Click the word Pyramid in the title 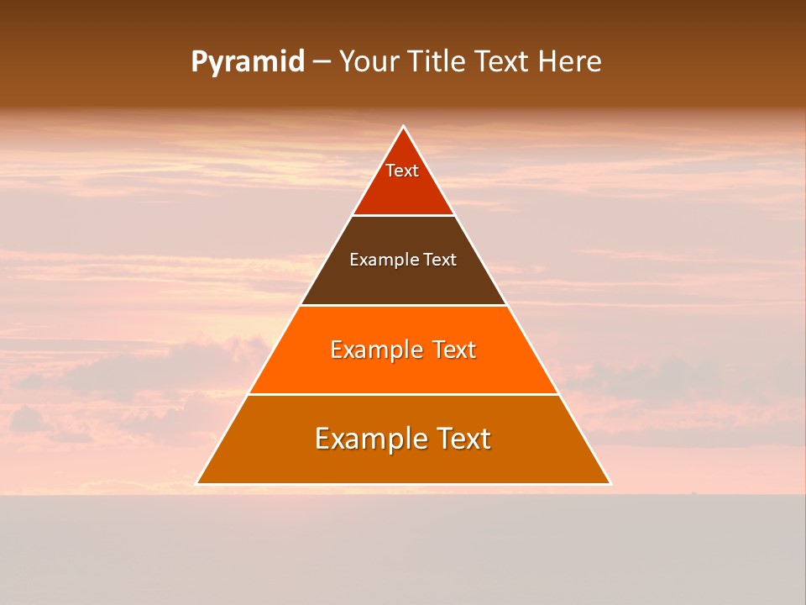(x=247, y=62)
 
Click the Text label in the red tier (x=402, y=171)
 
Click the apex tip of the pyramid (x=403, y=127)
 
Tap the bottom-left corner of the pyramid (x=197, y=483)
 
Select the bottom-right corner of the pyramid (x=610, y=483)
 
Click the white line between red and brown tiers (x=403, y=215)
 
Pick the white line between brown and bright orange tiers (x=403, y=305)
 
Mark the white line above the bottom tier (x=403, y=394)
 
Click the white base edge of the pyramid (x=403, y=484)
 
